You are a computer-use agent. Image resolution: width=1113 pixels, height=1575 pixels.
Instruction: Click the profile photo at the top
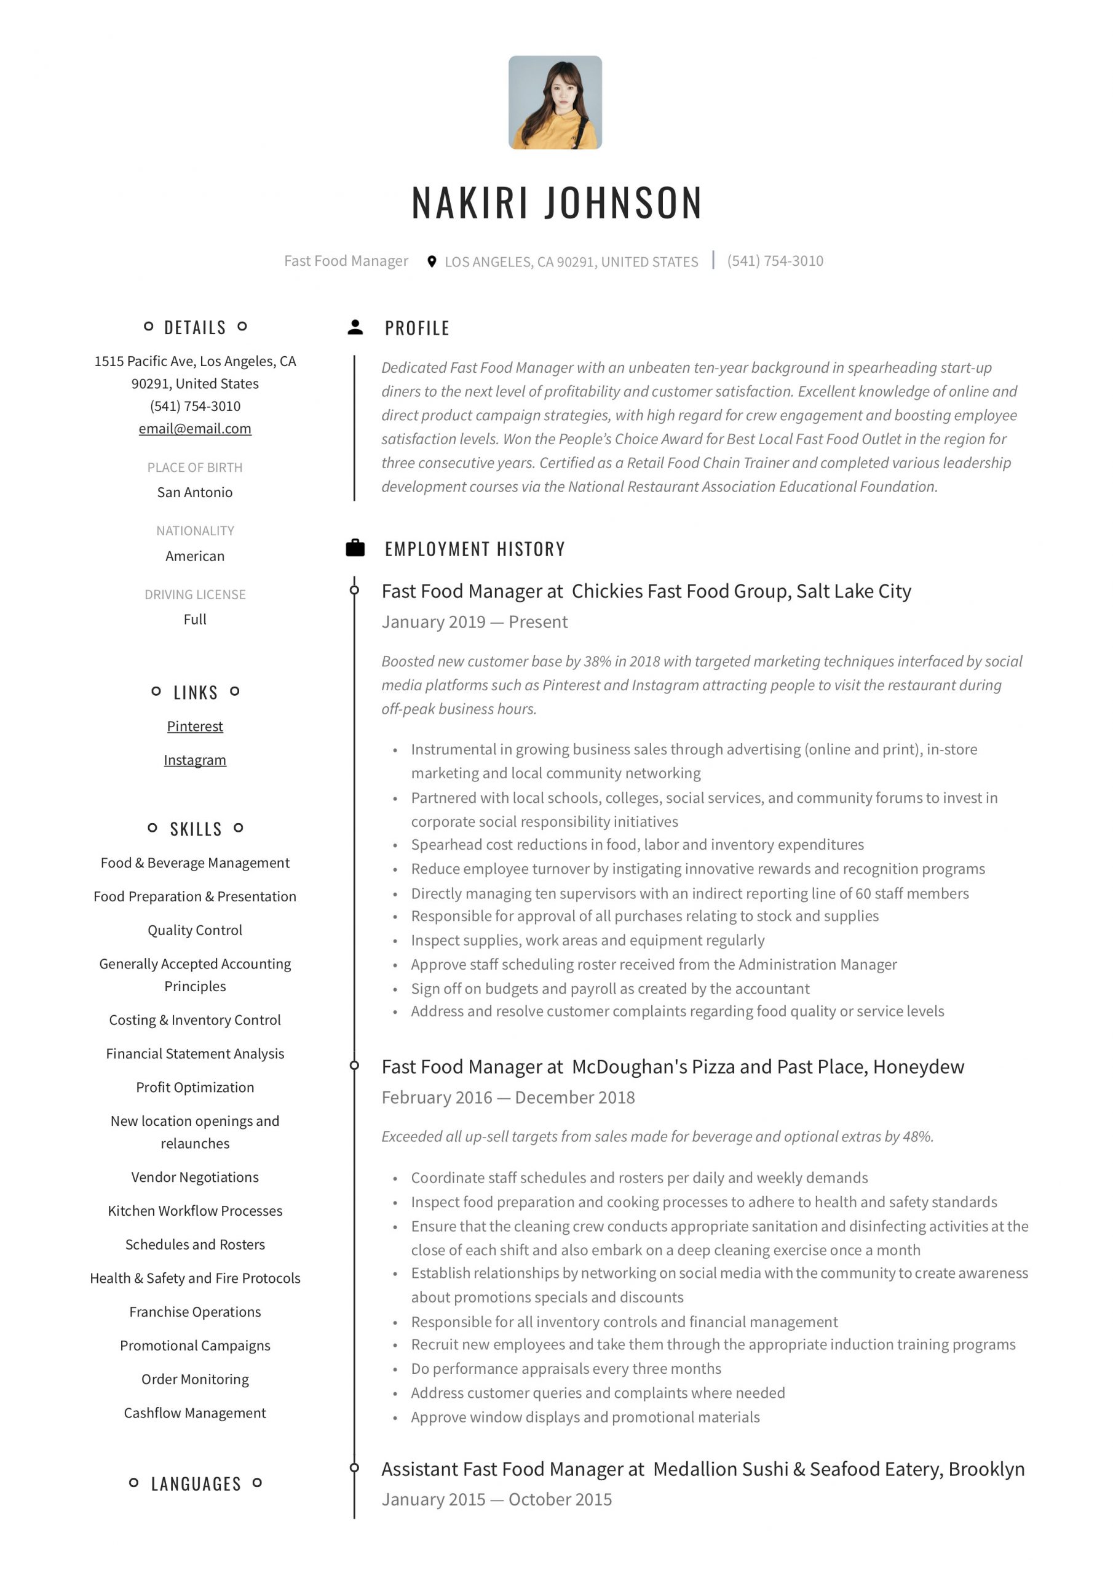[555, 102]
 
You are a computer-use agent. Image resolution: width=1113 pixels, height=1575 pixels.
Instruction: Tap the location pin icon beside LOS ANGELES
[431, 261]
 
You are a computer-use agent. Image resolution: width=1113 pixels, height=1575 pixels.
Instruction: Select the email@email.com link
[195, 429]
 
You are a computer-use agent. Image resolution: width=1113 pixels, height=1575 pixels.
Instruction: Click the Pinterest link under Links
[195, 726]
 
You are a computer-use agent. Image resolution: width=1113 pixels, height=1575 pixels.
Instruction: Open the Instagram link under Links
[195, 759]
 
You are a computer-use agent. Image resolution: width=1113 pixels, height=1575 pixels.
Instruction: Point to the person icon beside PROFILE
[355, 327]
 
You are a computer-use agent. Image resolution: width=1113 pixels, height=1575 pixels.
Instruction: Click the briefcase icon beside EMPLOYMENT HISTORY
[355, 548]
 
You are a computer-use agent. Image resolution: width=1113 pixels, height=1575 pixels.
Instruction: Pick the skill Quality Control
[195, 930]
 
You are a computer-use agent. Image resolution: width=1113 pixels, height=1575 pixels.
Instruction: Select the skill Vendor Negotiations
[195, 1176]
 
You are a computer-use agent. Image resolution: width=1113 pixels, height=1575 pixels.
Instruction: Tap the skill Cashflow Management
[195, 1413]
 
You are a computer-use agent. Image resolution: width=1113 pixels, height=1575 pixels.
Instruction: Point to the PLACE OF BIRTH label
[195, 467]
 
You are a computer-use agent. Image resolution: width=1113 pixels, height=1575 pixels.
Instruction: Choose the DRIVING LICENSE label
[195, 594]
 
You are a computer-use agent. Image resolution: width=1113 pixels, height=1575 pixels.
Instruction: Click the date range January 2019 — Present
[475, 621]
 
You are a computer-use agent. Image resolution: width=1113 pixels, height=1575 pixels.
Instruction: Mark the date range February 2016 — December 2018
[508, 1097]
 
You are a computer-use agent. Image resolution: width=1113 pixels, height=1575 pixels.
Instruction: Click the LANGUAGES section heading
[196, 1484]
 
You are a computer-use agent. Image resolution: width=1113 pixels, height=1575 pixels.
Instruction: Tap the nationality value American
[195, 556]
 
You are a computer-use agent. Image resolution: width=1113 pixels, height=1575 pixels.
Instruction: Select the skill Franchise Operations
[195, 1312]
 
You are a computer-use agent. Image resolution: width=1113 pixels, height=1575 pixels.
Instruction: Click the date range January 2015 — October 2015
[496, 1499]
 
